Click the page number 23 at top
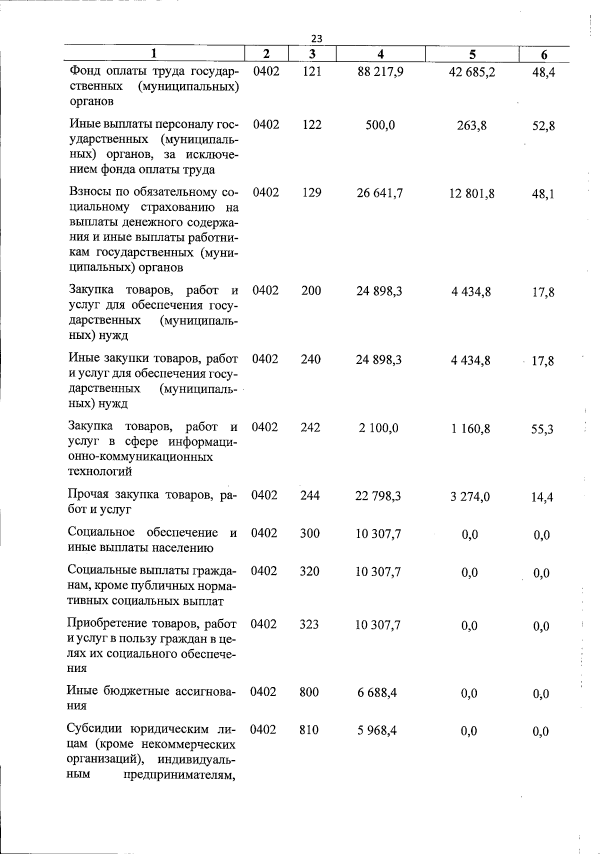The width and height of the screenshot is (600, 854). [x=316, y=38]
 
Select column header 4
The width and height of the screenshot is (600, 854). [x=381, y=54]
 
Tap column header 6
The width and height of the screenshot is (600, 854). [x=544, y=55]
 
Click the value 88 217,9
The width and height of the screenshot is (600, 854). [x=380, y=72]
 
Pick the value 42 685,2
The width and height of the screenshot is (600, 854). [x=472, y=72]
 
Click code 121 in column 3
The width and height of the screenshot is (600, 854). [x=312, y=71]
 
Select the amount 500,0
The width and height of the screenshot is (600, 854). [x=380, y=125]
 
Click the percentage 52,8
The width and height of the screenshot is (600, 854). [x=543, y=126]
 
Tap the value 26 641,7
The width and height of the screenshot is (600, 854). [x=380, y=193]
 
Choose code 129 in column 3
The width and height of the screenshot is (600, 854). [x=312, y=192]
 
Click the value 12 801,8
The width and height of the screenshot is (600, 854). [x=471, y=193]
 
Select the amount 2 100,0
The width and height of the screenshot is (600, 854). [x=378, y=428]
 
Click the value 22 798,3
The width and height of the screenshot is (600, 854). [x=378, y=496]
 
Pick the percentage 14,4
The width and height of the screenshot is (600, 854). [x=542, y=497]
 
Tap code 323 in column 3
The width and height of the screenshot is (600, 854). [x=309, y=624]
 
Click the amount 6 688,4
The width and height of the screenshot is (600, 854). [x=377, y=692]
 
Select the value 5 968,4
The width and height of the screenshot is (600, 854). [x=377, y=730]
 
